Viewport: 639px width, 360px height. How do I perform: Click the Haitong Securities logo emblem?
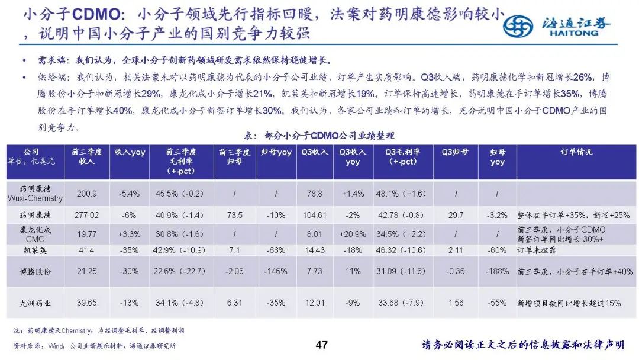518,25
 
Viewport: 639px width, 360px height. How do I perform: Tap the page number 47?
322,345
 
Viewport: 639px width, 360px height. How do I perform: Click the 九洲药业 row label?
35,303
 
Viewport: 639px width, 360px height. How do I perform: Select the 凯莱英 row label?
35,250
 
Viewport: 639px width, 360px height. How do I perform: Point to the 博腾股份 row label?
35,271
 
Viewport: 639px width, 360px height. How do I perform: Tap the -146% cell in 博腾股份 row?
276,271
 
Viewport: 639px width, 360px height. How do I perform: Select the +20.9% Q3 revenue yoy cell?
353,234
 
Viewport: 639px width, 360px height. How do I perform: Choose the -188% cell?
497,271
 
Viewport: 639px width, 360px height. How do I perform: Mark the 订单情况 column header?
576,152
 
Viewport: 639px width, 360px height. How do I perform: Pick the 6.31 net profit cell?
235,303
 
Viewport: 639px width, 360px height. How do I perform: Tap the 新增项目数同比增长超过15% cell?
569,303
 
